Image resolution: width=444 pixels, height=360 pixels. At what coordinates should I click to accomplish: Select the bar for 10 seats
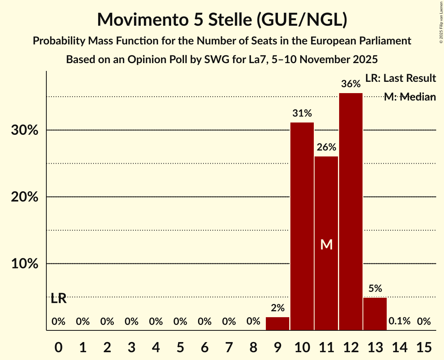pyautogui.click(x=302, y=226)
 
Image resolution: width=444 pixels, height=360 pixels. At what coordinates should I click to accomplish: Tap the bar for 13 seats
pyautogui.click(x=375, y=314)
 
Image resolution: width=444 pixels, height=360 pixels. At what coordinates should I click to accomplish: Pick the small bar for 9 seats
pyautogui.click(x=278, y=323)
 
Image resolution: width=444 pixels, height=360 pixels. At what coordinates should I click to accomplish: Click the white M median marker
pyautogui.click(x=326, y=244)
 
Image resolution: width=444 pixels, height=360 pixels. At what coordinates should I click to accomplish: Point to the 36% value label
pyautogui.click(x=351, y=84)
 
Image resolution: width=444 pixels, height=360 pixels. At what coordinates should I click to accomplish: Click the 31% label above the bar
pyautogui.click(x=302, y=113)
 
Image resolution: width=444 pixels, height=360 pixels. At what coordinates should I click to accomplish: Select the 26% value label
pyautogui.click(x=326, y=147)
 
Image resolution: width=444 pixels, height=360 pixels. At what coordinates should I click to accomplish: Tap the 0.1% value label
pyautogui.click(x=400, y=321)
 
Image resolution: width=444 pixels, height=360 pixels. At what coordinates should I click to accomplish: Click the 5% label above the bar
pyautogui.click(x=375, y=289)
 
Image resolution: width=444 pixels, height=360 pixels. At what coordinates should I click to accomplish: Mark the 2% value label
pyautogui.click(x=278, y=308)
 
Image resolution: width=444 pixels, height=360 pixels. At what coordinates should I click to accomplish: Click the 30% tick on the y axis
pyautogui.click(x=25, y=130)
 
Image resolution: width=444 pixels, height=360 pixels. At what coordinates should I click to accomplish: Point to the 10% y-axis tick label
pyautogui.click(x=25, y=264)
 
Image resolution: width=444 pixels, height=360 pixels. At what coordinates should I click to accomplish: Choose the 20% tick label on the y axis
pyautogui.click(x=25, y=197)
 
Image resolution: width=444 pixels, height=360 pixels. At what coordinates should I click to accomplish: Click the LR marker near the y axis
pyautogui.click(x=58, y=299)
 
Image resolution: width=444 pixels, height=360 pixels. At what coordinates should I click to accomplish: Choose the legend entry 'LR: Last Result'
pyautogui.click(x=401, y=78)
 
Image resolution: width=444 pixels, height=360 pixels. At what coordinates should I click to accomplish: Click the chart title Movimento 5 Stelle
pyautogui.click(x=222, y=19)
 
